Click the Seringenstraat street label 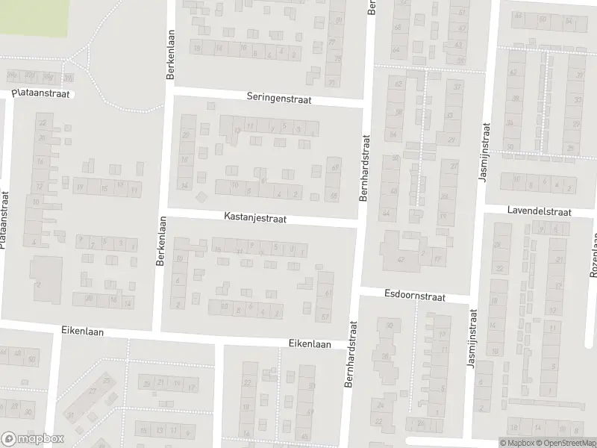tap(279, 99)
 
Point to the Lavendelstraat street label tap(539, 212)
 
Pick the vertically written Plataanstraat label tap(4, 220)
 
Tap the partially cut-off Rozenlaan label tap(594, 254)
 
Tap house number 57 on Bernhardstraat tap(325, 317)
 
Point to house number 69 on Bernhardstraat tap(334, 167)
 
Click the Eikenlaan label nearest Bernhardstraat tap(310, 343)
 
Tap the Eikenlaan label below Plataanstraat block tap(82, 331)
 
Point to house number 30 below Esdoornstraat tap(389, 325)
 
